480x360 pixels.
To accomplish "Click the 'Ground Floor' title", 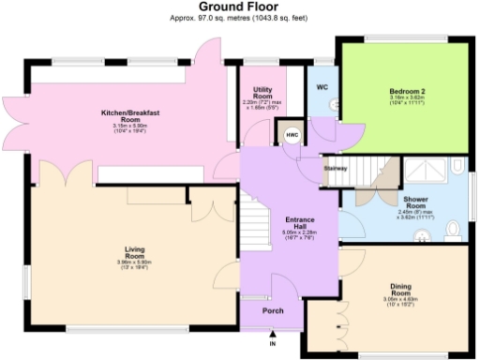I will coord(240,7).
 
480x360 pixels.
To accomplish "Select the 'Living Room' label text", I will coord(134,251).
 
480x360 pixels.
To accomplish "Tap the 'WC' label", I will coord(322,87).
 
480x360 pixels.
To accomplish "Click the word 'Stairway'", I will coord(336,168).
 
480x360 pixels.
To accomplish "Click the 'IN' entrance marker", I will coord(274,344).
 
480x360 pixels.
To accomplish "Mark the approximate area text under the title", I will coord(240,18).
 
